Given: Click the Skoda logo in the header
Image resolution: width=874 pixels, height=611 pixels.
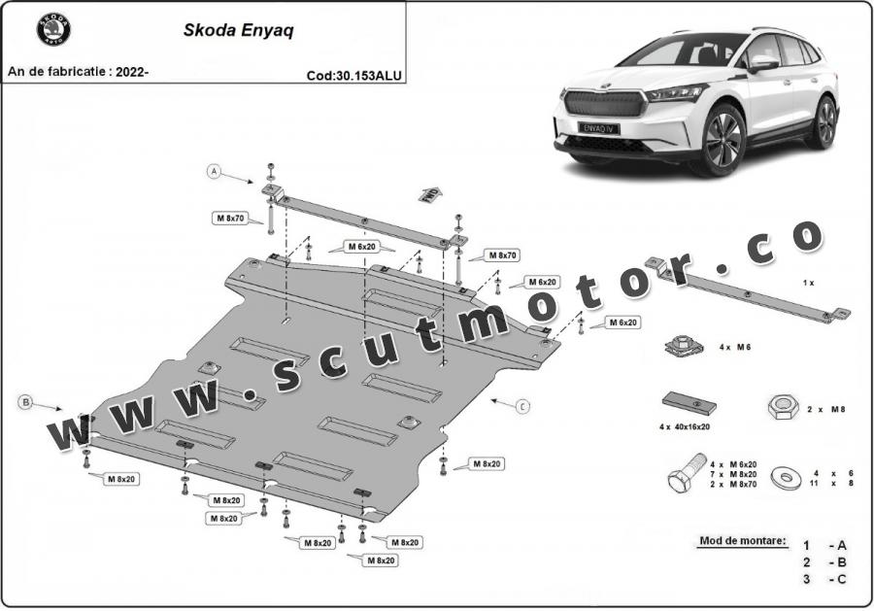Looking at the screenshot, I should tap(54, 30).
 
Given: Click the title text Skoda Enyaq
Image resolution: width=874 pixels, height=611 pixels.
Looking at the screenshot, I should tap(241, 29).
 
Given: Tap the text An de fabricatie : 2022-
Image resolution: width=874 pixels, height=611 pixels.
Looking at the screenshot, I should tap(79, 72).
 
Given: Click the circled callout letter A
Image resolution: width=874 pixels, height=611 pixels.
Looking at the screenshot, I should tap(214, 172).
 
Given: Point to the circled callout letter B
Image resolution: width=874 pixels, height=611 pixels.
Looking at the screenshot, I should tap(24, 400).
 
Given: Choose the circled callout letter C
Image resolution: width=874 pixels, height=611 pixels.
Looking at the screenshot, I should tap(522, 406).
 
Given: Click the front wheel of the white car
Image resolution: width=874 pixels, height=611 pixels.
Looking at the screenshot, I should tap(723, 139).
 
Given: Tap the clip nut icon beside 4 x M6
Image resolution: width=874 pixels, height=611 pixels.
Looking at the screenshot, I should tap(683, 346).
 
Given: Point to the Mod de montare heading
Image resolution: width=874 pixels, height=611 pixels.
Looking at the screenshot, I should tap(742, 539).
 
